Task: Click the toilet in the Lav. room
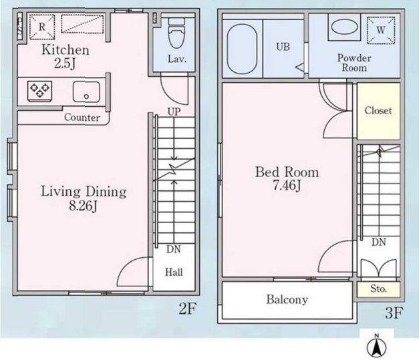[176, 33]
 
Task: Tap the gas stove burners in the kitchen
[40, 91]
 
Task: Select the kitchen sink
[86, 92]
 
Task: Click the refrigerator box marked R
[42, 27]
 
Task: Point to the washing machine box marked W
[381, 30]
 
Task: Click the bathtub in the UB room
[242, 49]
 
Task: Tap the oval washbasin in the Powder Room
[344, 27]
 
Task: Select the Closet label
[378, 111]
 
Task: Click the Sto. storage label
[378, 289]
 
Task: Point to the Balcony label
[287, 300]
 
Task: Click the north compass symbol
[376, 346]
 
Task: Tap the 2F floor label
[188, 309]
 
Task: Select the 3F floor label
[394, 313]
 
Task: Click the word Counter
[82, 118]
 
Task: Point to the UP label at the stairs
[174, 112]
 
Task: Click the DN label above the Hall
[174, 249]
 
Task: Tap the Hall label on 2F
[174, 273]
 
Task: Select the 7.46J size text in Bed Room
[287, 186]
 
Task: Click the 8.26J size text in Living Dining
[83, 206]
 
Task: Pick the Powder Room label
[354, 63]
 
